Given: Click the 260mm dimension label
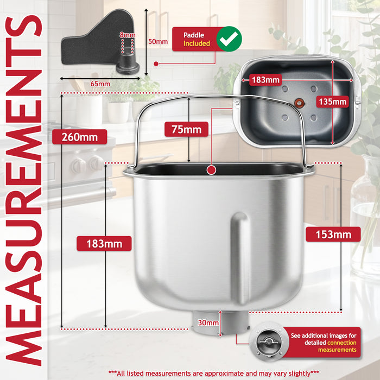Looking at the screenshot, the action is [x=79, y=137].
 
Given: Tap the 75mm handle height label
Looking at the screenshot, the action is [x=186, y=129].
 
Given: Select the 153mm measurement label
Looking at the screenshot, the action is [x=333, y=235].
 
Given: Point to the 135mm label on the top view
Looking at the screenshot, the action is [x=332, y=102].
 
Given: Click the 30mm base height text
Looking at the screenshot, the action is [x=208, y=322].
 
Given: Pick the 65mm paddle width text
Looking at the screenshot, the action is [x=100, y=84].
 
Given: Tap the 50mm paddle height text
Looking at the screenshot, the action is [x=158, y=41].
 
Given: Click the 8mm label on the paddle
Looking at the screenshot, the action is [x=127, y=35].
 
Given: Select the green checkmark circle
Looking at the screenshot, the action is [x=229, y=39].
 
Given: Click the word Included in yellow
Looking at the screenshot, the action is [x=197, y=43].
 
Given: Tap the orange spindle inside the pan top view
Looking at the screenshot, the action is [x=299, y=103].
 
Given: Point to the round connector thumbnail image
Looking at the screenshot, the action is [x=269, y=341].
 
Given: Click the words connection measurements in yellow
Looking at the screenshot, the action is [x=337, y=346].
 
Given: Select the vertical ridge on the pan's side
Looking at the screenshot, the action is [x=240, y=258].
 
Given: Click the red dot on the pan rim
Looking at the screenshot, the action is [x=211, y=170].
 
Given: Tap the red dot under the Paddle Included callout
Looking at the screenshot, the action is [x=156, y=64].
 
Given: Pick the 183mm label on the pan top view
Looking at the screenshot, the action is [x=265, y=80].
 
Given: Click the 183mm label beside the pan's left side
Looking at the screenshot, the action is [x=104, y=244].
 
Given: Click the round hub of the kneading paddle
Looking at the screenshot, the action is [x=128, y=65].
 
